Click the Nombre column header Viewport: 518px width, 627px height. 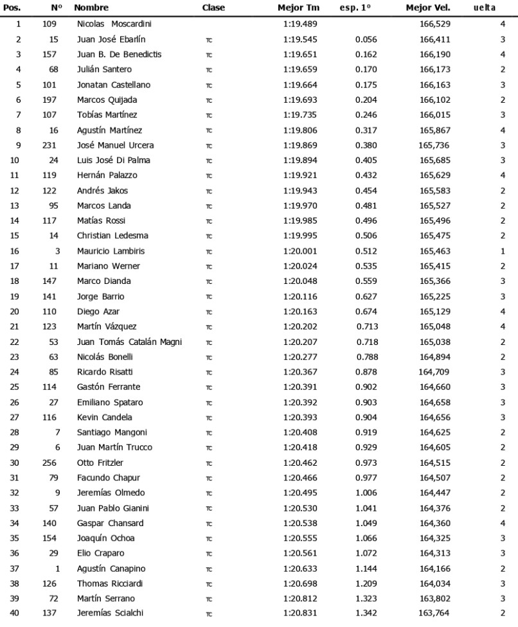click(91, 8)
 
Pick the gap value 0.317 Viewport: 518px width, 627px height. click(366, 130)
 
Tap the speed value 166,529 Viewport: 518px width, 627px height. click(434, 24)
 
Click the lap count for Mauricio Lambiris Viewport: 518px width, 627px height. click(503, 251)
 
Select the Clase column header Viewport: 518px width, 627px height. click(213, 8)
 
